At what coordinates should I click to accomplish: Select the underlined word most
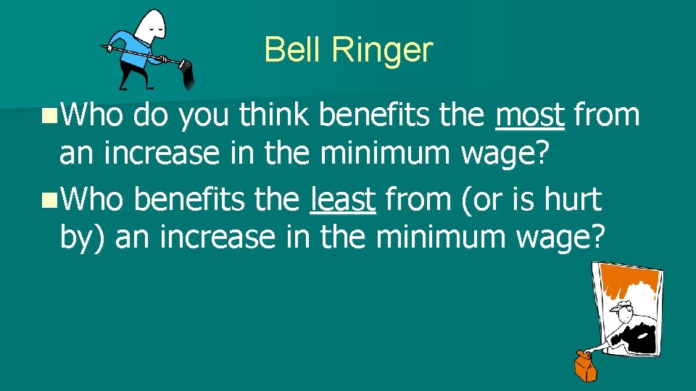point(530,115)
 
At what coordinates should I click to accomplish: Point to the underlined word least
point(342,199)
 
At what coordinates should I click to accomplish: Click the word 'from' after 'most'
point(607,115)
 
